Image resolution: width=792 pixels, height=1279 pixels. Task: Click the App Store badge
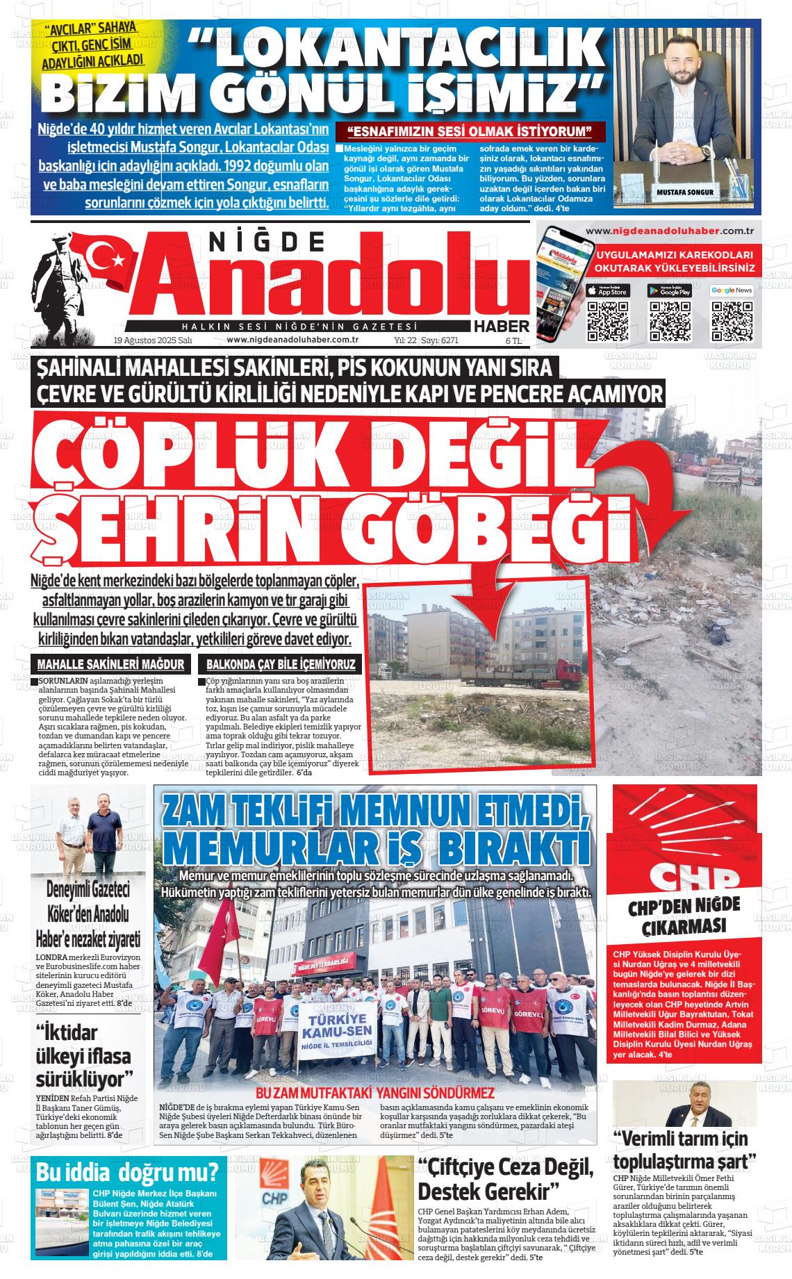point(608,290)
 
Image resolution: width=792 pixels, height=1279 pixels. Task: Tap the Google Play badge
point(670,290)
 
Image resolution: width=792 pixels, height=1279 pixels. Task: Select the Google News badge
point(732,290)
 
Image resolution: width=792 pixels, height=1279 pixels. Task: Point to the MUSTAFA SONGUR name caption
point(684,192)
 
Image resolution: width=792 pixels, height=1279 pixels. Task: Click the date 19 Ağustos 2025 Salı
point(152,340)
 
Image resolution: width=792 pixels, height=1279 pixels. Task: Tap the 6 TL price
point(513,340)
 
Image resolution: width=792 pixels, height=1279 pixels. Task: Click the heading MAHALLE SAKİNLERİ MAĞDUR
point(111,664)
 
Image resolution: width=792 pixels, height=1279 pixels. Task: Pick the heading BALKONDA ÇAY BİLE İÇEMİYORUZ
point(281,664)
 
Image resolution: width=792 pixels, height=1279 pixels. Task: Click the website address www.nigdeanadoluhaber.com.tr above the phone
point(670,231)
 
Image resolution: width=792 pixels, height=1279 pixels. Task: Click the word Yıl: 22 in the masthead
point(405,340)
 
